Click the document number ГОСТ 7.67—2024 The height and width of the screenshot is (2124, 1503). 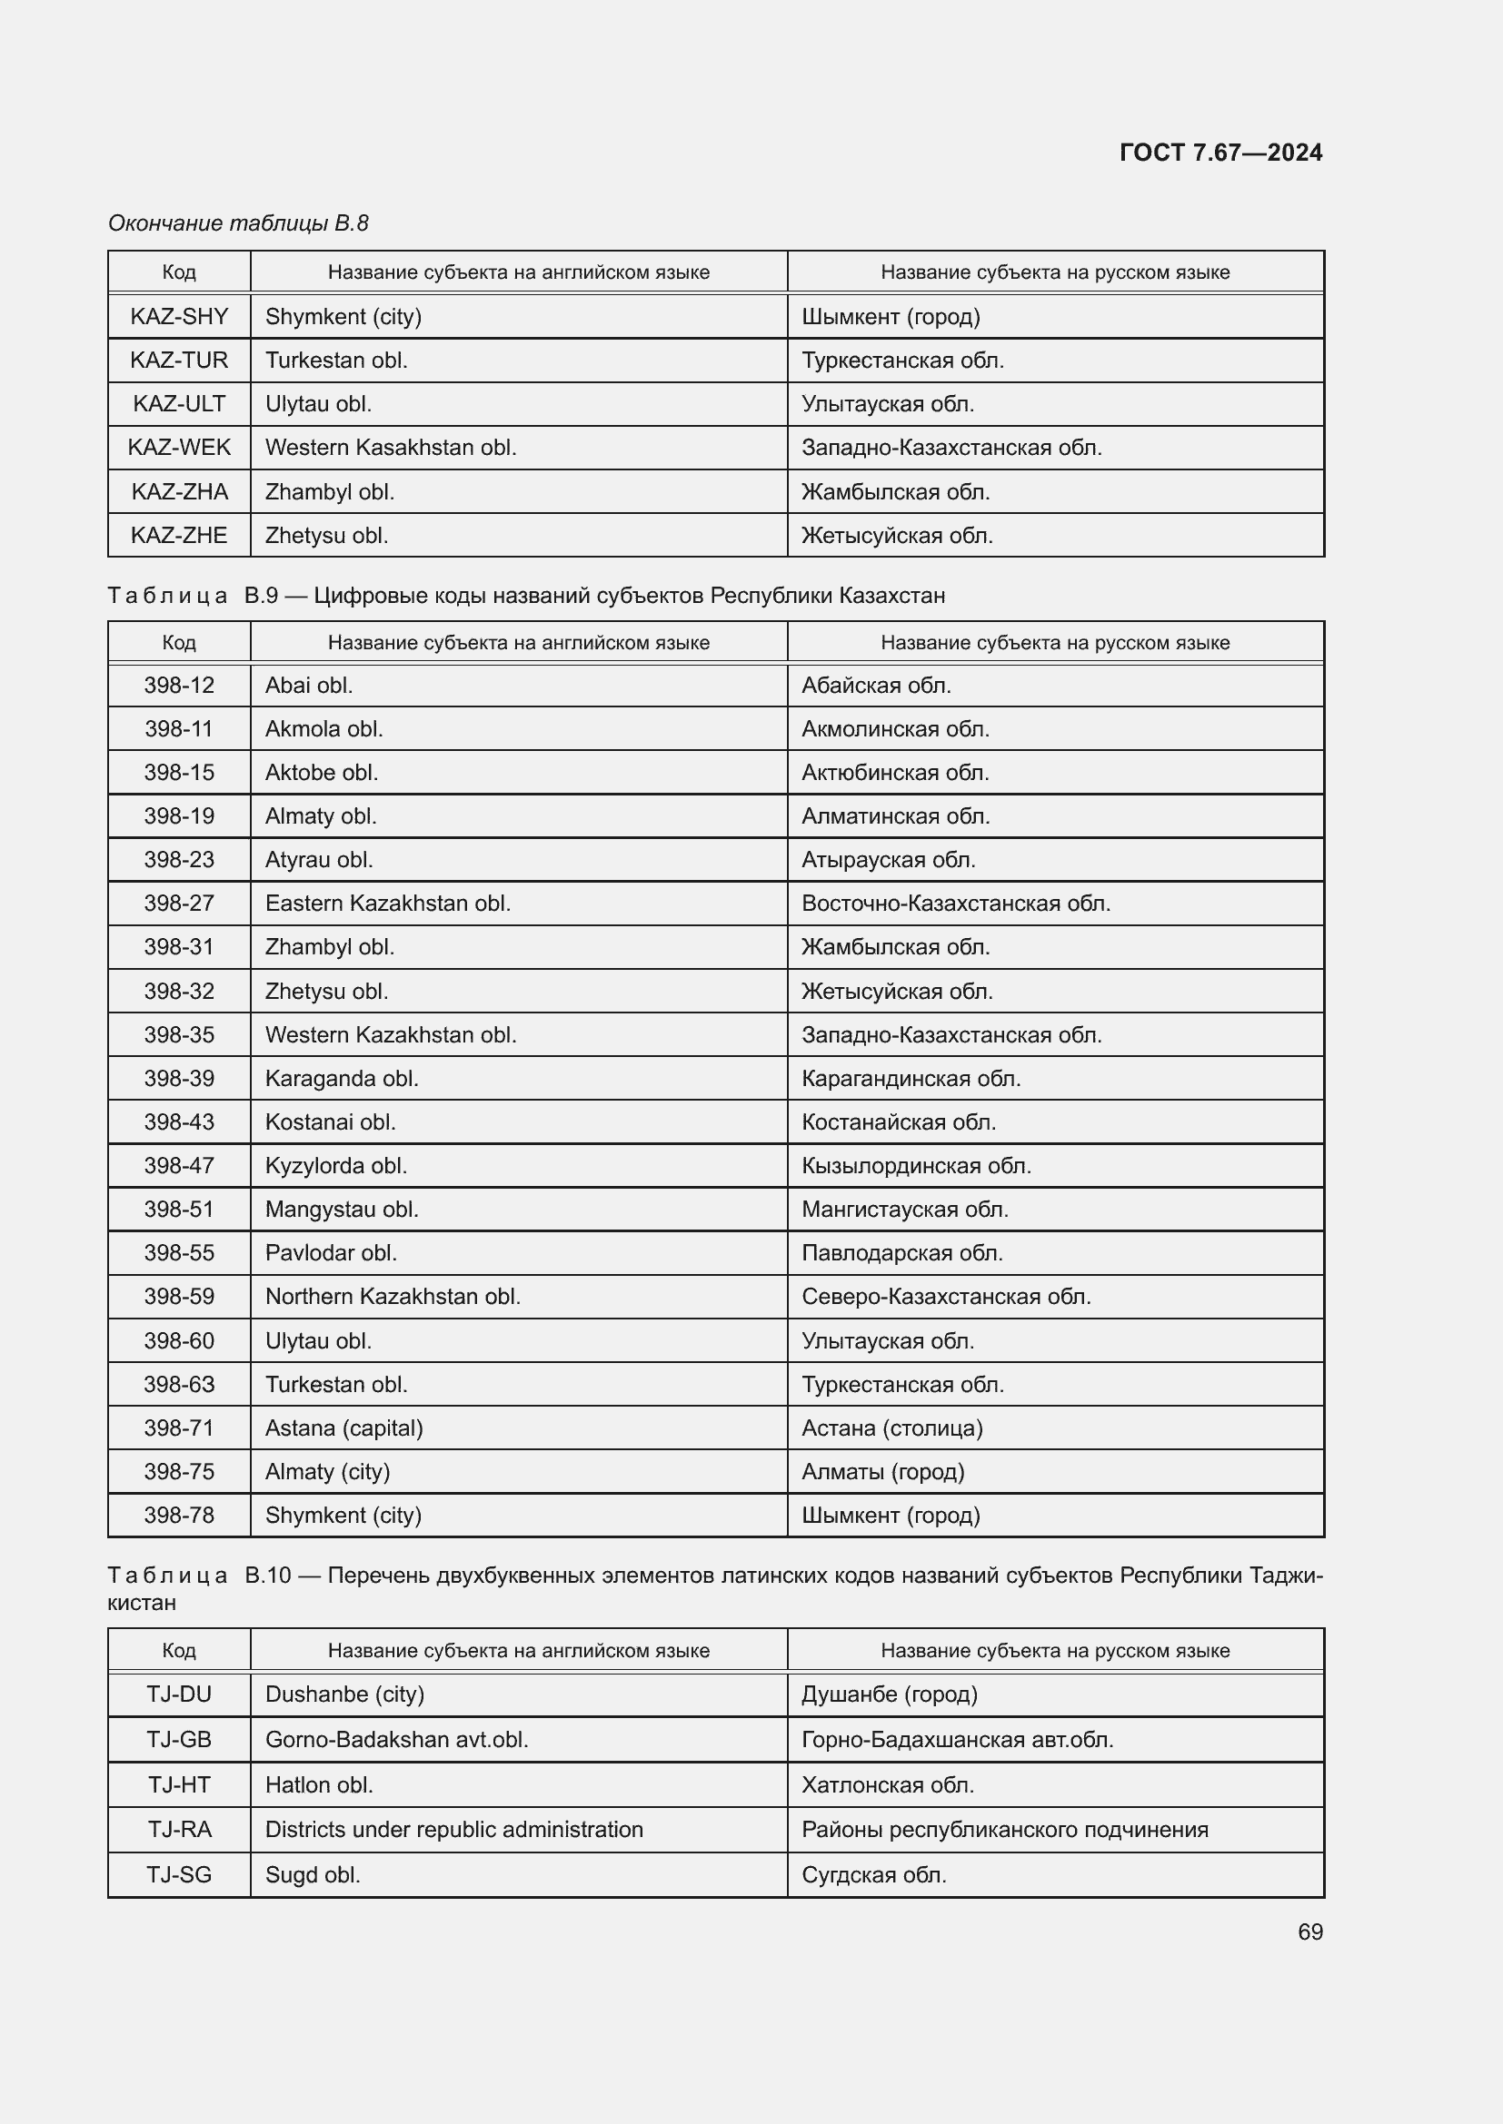(1219, 153)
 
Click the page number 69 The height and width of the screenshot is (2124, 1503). (1309, 1931)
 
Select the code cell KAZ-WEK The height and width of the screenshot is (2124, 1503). (179, 448)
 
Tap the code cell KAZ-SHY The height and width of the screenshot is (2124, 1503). (179, 316)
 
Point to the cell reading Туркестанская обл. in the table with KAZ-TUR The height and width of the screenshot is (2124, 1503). (902, 360)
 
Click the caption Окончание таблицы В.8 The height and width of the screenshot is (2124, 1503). (238, 223)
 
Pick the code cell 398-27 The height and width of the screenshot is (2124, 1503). (179, 903)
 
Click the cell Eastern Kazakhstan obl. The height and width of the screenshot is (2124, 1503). (388, 903)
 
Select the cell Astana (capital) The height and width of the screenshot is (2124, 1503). (343, 1428)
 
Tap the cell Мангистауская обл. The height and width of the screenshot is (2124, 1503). (904, 1209)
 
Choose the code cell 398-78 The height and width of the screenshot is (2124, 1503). (179, 1515)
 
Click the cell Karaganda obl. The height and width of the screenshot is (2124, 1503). (342, 1078)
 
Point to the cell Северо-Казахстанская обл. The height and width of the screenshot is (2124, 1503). (946, 1296)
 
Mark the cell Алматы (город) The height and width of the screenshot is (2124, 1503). (882, 1471)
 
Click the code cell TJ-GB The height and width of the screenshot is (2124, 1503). (179, 1739)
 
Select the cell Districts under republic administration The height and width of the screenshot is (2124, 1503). (453, 1829)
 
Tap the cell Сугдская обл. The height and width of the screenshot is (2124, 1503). (873, 1874)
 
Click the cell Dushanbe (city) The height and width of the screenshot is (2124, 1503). (344, 1694)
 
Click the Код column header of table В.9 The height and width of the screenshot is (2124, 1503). (179, 642)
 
